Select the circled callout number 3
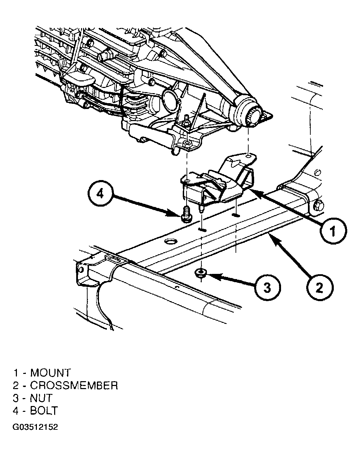[268, 287]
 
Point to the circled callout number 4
[100, 194]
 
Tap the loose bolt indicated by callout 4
[186, 214]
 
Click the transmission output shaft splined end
[254, 117]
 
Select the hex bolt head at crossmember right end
[318, 206]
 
